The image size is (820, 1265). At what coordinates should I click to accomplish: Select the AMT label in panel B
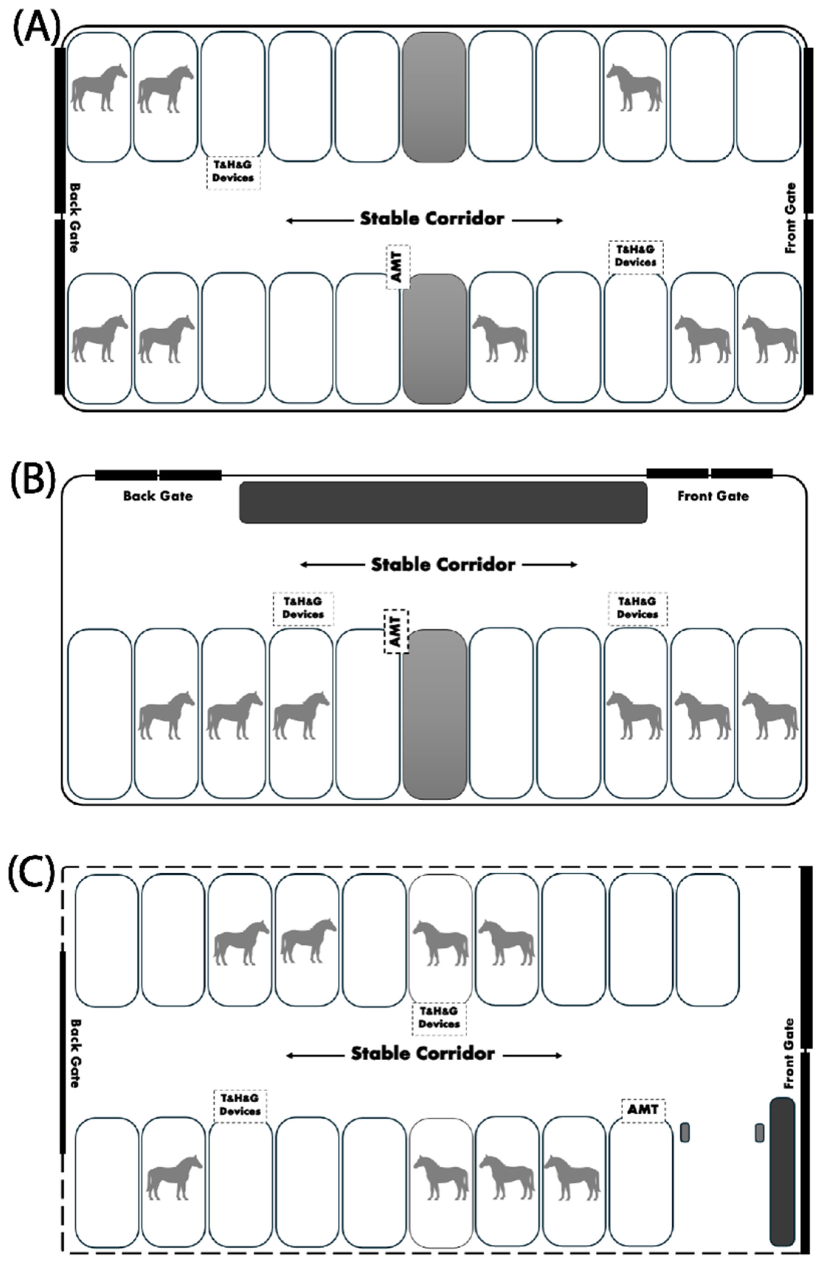click(x=396, y=631)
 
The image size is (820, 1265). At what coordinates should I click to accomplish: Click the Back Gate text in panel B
click(x=158, y=496)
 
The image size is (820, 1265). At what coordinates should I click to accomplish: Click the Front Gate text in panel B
click(x=713, y=496)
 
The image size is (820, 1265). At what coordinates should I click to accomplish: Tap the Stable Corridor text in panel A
click(x=432, y=218)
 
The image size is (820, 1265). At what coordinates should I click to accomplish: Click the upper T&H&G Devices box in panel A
click(x=233, y=172)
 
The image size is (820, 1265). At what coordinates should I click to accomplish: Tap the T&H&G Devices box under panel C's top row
click(x=439, y=1019)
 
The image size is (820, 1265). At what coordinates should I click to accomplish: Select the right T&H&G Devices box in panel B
click(x=637, y=608)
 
